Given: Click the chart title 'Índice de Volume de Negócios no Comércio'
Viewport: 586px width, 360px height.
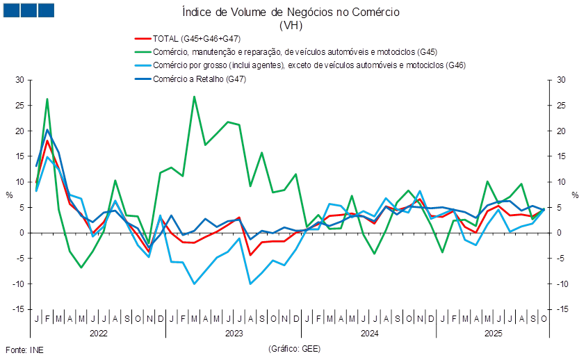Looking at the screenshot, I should coord(290,13).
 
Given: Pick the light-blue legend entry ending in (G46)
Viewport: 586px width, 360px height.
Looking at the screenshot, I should coord(299,65).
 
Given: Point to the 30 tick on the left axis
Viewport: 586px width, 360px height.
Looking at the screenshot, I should coord(19,80).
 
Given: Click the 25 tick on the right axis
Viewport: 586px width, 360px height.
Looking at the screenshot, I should coord(562,106).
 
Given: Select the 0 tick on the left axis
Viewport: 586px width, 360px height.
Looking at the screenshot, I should coord(22,233).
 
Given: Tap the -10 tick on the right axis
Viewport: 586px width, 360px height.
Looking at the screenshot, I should coord(562,284).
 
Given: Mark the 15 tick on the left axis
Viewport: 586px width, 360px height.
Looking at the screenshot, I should coord(19,156).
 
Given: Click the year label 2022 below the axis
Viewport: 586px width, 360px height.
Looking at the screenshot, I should coord(98,334).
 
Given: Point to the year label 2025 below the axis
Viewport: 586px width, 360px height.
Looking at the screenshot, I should coord(494,334).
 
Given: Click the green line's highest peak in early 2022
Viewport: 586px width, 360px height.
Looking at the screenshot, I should coord(47,99).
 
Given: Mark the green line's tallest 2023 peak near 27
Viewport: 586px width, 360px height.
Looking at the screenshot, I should coord(194,96).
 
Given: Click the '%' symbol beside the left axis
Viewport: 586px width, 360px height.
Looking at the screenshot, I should coord(10,195).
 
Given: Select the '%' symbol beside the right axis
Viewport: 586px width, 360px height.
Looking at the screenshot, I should coord(576,195).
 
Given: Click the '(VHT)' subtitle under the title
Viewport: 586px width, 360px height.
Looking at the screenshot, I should coord(290,25).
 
